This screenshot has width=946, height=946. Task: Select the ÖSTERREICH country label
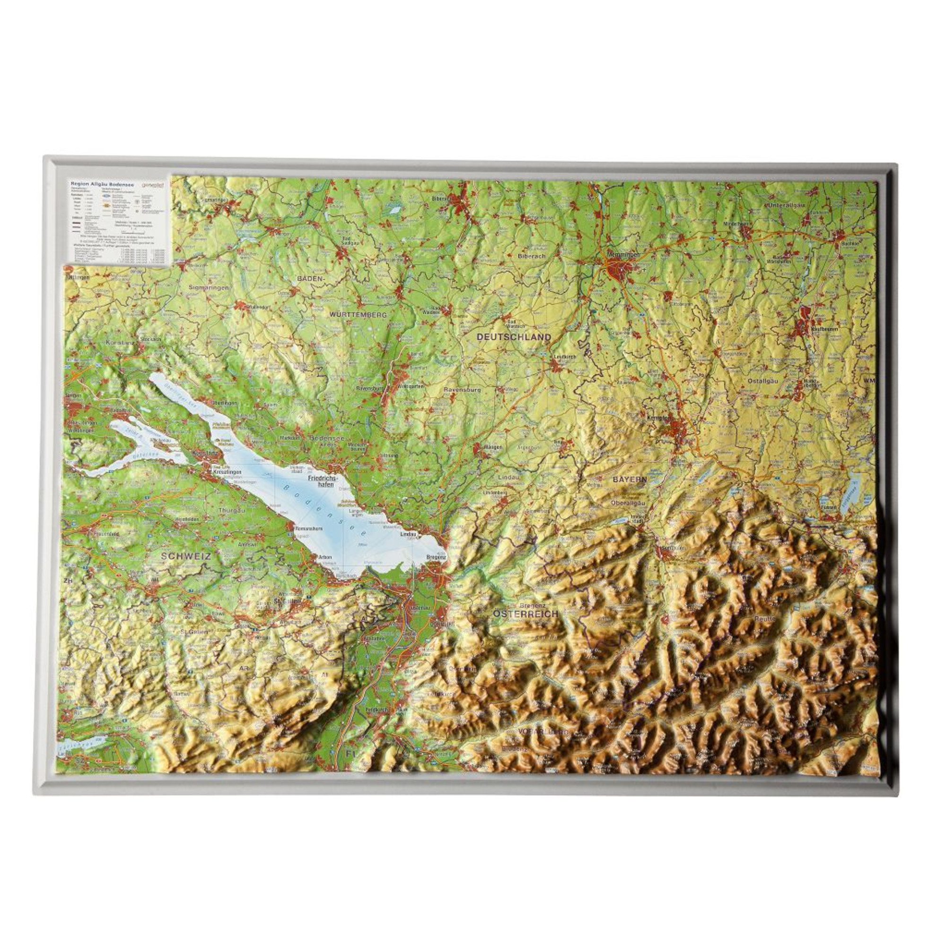526,613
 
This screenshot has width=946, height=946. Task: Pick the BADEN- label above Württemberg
310,278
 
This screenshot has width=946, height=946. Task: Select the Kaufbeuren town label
824,329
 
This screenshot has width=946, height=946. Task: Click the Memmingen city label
622,255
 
